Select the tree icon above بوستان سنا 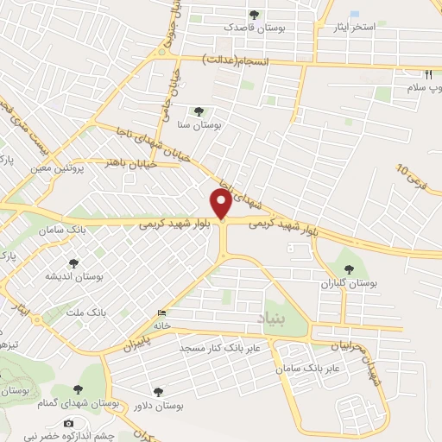[x=199, y=111]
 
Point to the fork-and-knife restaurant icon [x=429, y=75]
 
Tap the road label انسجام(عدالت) [x=236, y=62]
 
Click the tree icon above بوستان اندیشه [x=73, y=262]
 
